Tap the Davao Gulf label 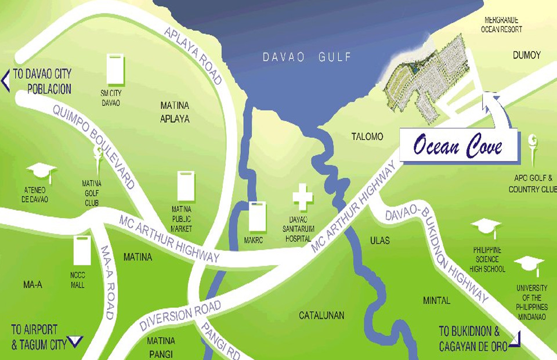click(307, 57)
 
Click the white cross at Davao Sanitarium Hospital click(302, 197)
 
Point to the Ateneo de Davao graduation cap click(41, 172)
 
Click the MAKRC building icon click(256, 217)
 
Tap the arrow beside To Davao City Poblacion click(6, 80)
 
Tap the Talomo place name click(367, 137)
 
